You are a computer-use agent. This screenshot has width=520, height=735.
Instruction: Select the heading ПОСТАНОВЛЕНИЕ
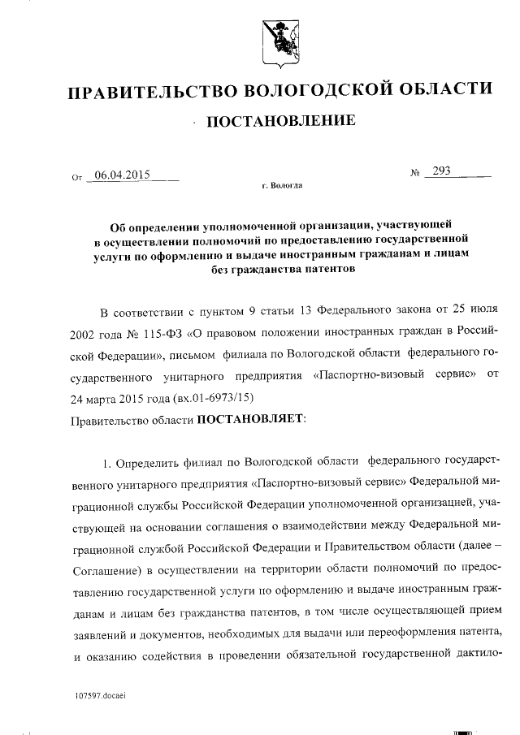pyautogui.click(x=282, y=123)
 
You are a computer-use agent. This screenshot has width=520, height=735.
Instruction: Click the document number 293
pyautogui.click(x=443, y=171)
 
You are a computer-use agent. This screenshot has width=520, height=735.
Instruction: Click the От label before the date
pyautogui.click(x=78, y=176)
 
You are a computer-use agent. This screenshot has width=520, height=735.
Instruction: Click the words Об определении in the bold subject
pyautogui.click(x=151, y=226)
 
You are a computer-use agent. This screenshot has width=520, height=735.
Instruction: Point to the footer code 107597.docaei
pyautogui.click(x=100, y=696)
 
